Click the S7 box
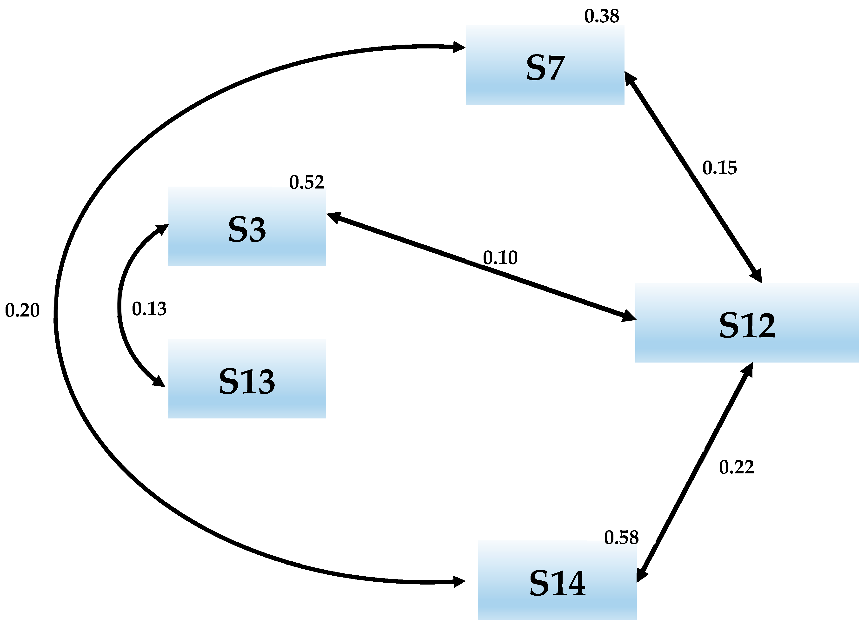(x=545, y=65)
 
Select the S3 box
(x=247, y=226)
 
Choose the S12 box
(x=747, y=323)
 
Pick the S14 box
(x=557, y=580)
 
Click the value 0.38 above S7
(x=602, y=16)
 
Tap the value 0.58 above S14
(x=621, y=538)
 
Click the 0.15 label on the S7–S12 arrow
(x=719, y=168)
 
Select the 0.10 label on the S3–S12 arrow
(x=500, y=258)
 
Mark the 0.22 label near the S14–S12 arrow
(x=736, y=467)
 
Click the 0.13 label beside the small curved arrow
(x=149, y=309)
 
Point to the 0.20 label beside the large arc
(x=22, y=310)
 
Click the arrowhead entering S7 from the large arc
(x=459, y=47)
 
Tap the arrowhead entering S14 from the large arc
(x=459, y=582)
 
